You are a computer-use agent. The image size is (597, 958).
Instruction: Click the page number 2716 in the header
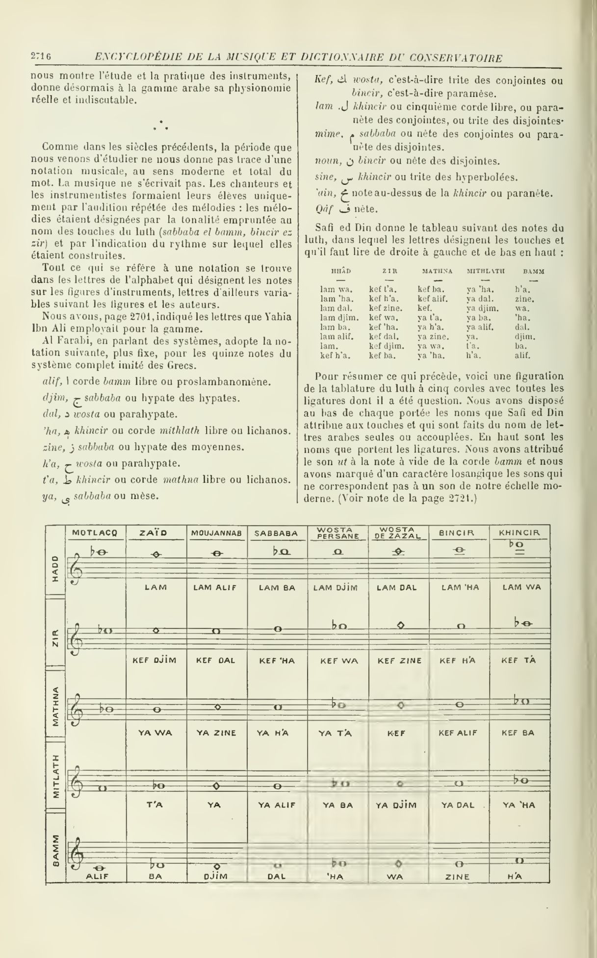[41, 57]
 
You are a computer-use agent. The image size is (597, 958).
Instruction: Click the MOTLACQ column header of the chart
[95, 532]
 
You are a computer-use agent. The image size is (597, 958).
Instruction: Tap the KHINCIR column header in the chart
[519, 532]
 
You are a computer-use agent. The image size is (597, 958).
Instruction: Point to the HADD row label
[55, 568]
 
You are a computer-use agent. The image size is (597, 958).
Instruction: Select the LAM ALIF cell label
[216, 588]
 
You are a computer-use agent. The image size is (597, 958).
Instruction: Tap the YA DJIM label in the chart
[396, 805]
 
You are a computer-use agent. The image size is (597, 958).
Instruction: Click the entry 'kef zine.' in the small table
[386, 308]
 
